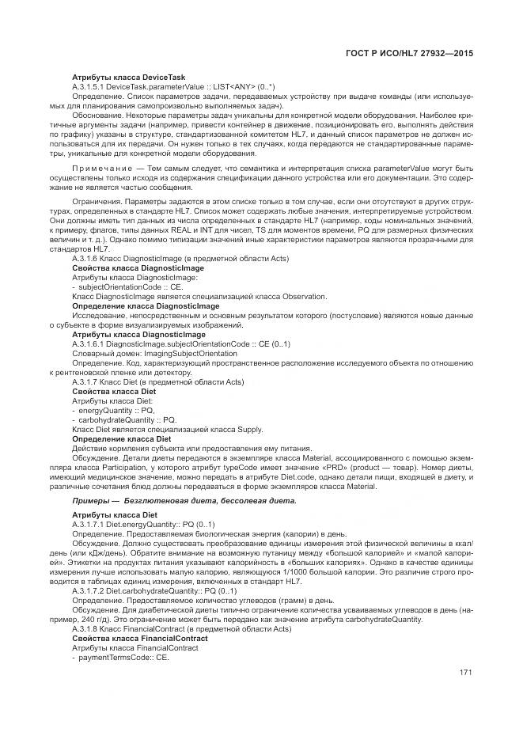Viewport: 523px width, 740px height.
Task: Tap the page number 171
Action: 465,673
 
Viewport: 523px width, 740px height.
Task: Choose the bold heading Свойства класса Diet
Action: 113,392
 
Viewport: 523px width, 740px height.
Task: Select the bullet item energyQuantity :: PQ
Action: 116,410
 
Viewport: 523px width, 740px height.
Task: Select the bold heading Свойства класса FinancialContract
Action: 139,638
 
